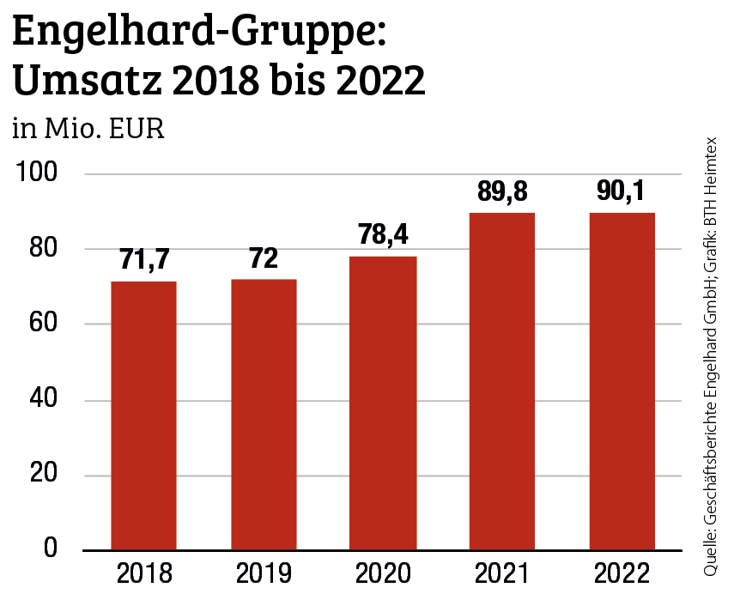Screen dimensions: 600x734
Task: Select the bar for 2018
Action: pyautogui.click(x=144, y=415)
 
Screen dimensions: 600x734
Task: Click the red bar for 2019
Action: pyautogui.click(x=264, y=415)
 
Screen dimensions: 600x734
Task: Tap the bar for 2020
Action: pyautogui.click(x=383, y=403)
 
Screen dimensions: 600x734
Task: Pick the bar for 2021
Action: pyautogui.click(x=502, y=381)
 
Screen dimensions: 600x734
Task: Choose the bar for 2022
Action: pyautogui.click(x=622, y=381)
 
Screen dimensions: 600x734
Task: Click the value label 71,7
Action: pyautogui.click(x=144, y=261)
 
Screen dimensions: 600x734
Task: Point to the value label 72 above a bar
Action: pyautogui.click(x=264, y=259)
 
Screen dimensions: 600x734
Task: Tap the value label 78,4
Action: pyautogui.click(x=383, y=236)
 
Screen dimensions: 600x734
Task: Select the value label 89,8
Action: pyautogui.click(x=502, y=192)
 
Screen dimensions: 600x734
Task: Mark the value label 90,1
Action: pyautogui.click(x=622, y=192)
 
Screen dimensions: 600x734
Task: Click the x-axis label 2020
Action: pyautogui.click(x=383, y=573)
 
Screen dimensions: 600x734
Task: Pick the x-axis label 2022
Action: pyautogui.click(x=622, y=573)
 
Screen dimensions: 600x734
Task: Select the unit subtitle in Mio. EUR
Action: pyautogui.click(x=88, y=130)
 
